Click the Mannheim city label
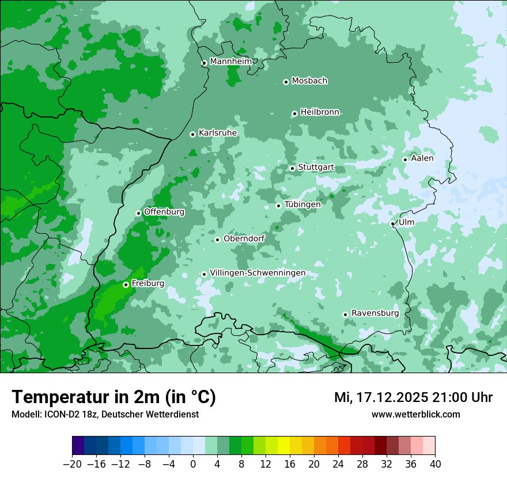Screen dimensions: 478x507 [230, 61]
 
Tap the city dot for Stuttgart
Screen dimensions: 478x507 [292, 168]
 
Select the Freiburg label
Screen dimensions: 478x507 [147, 283]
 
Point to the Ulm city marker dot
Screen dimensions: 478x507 [392, 223]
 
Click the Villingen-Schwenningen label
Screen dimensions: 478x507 [258, 273]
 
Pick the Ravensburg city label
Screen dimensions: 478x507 [374, 313]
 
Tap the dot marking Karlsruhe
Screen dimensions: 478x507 [192, 134]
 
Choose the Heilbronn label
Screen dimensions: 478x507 [320, 112]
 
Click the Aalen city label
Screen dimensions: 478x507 [422, 158]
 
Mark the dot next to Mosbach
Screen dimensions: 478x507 [286, 82]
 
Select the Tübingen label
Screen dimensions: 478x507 [302, 204]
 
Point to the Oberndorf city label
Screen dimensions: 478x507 [244, 238]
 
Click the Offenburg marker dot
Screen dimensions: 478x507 [138, 213]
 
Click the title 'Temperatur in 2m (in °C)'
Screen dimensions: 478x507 [113, 397]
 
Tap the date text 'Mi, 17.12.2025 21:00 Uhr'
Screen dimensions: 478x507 [413, 397]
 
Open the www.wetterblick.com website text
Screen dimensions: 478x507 [415, 414]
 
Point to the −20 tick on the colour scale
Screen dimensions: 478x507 [72, 464]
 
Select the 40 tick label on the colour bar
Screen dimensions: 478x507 [435, 464]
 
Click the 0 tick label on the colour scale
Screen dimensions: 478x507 [193, 464]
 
